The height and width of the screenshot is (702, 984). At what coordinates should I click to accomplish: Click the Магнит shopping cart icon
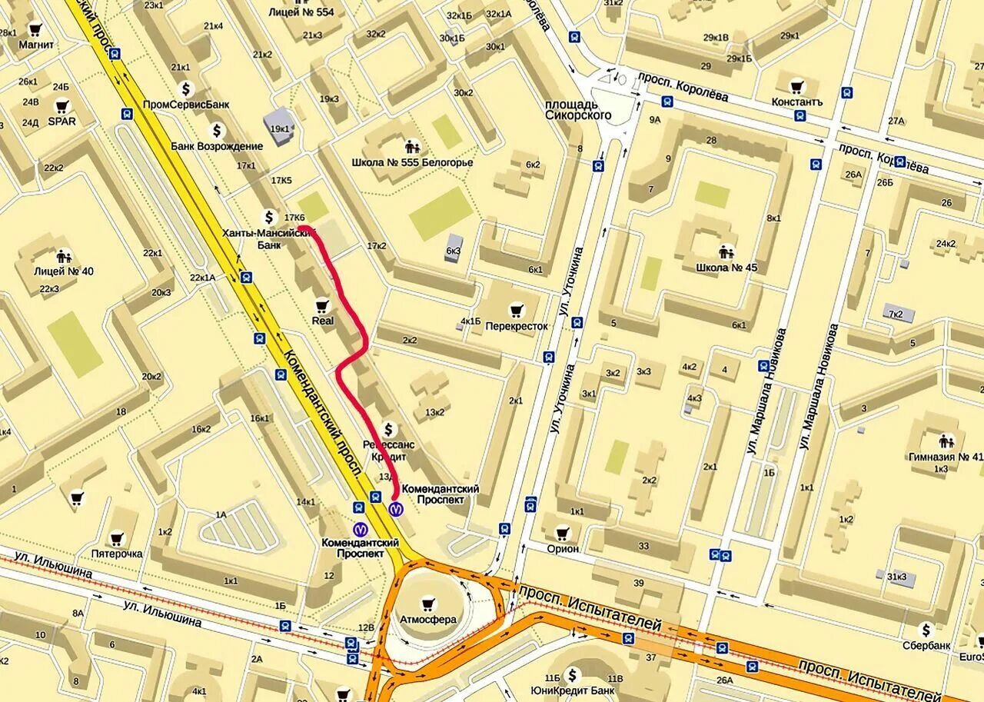coord(35,30)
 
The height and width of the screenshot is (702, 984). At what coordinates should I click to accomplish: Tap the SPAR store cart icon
coord(61,106)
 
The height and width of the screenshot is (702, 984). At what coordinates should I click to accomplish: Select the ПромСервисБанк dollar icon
coord(185,88)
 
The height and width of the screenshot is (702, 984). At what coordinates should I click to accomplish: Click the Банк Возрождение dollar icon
coord(217,131)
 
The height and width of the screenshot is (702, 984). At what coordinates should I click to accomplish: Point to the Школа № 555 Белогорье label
coord(412,162)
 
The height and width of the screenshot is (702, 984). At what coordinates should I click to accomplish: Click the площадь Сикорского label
coord(578,109)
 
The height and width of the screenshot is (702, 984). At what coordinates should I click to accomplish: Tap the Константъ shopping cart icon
coord(797,86)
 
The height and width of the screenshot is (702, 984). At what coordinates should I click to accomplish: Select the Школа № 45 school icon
coord(726,251)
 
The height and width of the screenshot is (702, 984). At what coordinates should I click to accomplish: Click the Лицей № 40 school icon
coord(64,255)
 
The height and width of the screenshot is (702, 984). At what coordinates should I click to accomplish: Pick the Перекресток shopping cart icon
coord(517,310)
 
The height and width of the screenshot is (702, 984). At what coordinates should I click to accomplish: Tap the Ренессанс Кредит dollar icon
coord(389,429)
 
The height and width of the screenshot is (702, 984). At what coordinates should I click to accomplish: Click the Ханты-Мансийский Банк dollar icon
coord(269,217)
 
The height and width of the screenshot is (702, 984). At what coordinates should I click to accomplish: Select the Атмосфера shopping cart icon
coord(428,604)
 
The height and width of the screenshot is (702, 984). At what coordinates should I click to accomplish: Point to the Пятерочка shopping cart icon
coord(117,538)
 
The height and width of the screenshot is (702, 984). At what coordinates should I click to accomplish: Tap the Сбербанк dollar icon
coord(927,630)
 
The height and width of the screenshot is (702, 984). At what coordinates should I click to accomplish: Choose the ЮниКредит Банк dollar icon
coord(572,675)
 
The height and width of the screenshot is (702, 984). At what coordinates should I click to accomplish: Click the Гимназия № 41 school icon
coord(946,441)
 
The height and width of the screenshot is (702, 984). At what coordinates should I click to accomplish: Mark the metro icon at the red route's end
coord(396,508)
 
